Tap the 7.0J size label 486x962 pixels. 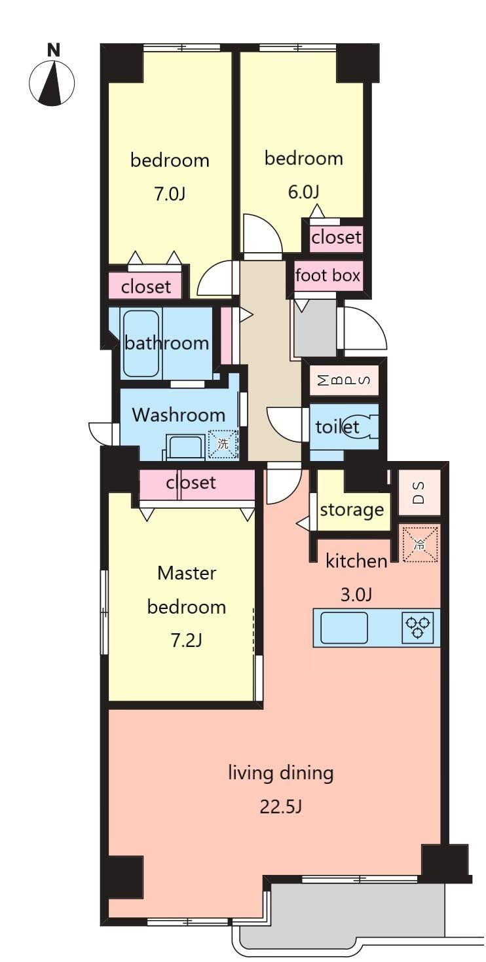(x=169, y=194)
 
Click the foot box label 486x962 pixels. (x=327, y=275)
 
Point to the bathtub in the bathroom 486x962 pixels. (x=141, y=344)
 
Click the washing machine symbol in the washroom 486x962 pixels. (x=223, y=444)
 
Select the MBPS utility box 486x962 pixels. (x=345, y=380)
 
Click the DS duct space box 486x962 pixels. (x=419, y=492)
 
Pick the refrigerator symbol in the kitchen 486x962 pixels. (x=420, y=544)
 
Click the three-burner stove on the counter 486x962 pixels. (x=417, y=627)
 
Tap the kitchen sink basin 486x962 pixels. (x=344, y=627)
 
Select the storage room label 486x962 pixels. (x=352, y=510)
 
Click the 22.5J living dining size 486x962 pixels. (x=280, y=807)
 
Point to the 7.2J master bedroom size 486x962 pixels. (x=186, y=640)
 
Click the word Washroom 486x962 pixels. (x=178, y=415)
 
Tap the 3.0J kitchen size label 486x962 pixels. (x=356, y=595)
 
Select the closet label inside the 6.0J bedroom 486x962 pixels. (x=336, y=237)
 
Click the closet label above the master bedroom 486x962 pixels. (x=191, y=483)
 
